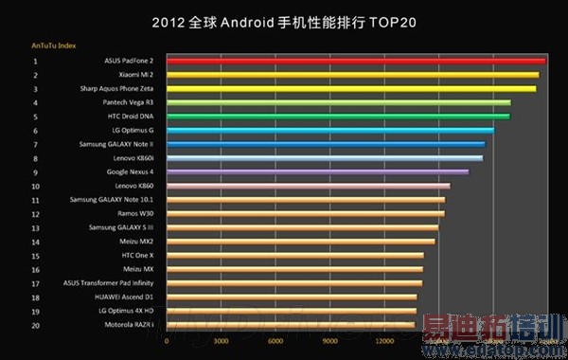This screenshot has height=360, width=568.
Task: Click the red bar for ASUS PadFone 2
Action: (355, 61)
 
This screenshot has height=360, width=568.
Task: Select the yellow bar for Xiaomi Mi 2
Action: (352, 75)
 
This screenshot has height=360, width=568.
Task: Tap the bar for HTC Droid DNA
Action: (338, 117)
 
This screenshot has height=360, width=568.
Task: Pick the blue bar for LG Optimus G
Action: (330, 130)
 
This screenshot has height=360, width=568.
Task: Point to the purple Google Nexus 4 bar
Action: (317, 172)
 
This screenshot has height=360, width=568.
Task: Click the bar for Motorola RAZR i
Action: (291, 325)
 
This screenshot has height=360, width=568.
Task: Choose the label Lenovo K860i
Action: (133, 158)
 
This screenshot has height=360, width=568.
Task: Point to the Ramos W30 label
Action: (135, 214)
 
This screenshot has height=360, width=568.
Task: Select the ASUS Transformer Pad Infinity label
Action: (108, 283)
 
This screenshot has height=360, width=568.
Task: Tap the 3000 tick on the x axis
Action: (221, 341)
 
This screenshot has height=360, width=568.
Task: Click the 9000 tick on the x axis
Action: (330, 341)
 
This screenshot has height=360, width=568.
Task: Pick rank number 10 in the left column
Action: (35, 187)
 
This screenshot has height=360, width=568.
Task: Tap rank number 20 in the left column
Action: (35, 325)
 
